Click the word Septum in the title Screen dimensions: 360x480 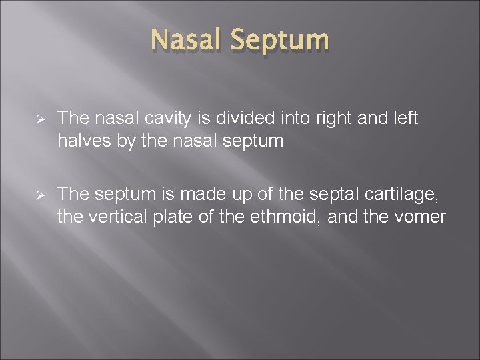[x=281, y=40]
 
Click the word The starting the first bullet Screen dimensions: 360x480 [x=73, y=119]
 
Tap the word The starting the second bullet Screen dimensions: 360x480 [x=73, y=194]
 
